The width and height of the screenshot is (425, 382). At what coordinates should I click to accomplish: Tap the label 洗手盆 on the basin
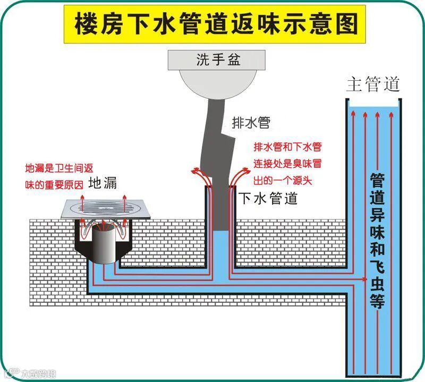[218, 60]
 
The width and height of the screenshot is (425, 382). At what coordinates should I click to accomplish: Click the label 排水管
[251, 123]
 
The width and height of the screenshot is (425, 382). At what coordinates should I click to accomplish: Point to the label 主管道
[373, 84]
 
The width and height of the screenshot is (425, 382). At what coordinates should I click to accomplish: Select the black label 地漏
[103, 184]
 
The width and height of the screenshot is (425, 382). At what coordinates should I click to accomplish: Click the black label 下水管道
[268, 199]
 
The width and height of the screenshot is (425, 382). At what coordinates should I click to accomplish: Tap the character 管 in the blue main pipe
[378, 179]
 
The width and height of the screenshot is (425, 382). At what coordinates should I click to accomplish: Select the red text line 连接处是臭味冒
[287, 163]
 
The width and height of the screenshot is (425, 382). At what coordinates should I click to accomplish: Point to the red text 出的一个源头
[283, 181]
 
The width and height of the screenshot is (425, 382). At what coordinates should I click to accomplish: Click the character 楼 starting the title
[86, 24]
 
